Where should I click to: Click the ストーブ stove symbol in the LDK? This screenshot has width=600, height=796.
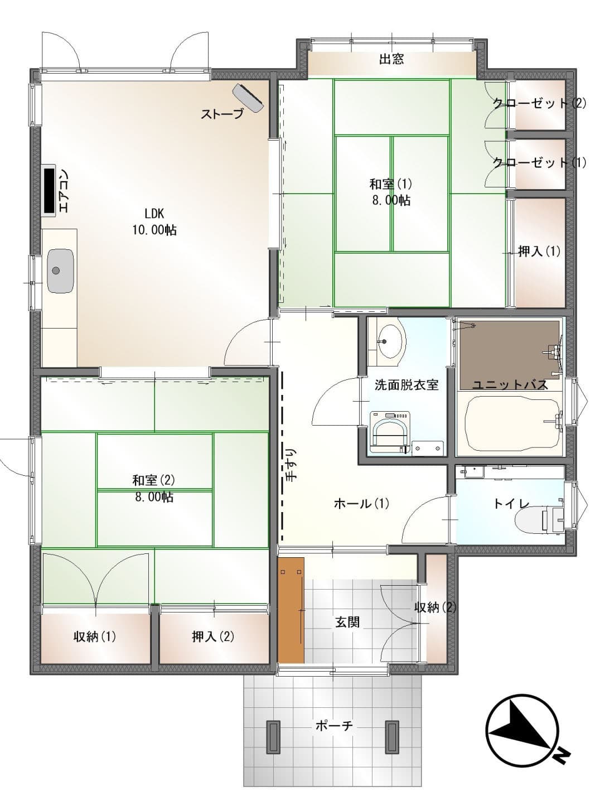point(248,97)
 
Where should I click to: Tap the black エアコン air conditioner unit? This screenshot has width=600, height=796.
point(49,190)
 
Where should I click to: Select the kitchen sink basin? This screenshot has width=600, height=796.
point(61,271)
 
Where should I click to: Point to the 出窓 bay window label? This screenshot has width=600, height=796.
point(391,59)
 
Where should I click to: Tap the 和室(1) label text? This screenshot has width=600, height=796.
point(390,184)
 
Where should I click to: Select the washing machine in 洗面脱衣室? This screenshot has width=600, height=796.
point(390,432)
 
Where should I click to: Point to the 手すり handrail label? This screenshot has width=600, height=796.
point(292,465)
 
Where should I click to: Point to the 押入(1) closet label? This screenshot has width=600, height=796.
point(539,251)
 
